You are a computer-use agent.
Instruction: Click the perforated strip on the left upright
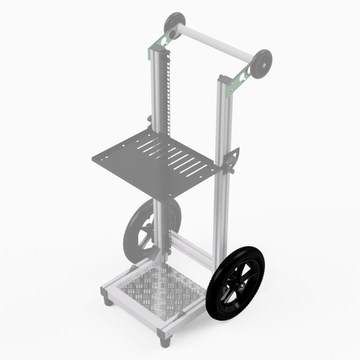[165, 93]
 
